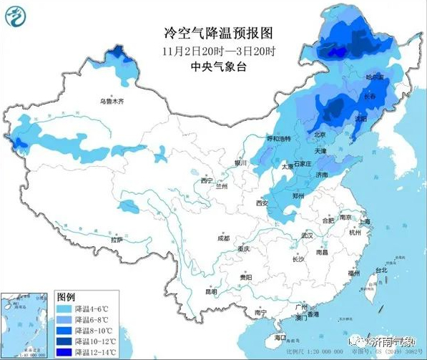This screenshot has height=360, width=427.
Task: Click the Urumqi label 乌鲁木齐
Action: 112,102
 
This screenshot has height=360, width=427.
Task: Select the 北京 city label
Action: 320,135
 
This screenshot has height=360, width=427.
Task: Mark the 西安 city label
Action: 260,203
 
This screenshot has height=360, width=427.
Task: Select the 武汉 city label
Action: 308,235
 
